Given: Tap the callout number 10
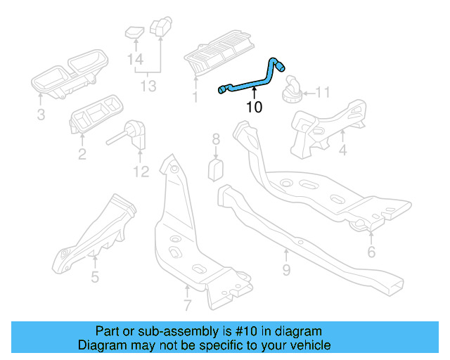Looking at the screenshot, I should coord(254,108).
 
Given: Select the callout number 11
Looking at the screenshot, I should coord(322,92).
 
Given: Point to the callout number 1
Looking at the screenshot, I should coord(195,98).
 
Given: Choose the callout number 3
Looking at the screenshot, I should coord(41,114).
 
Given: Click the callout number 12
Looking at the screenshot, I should coord(141,172).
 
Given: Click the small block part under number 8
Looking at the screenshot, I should coord(217,169).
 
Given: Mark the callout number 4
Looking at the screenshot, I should coord(342,150).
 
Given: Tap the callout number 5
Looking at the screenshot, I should coord(94,276).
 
